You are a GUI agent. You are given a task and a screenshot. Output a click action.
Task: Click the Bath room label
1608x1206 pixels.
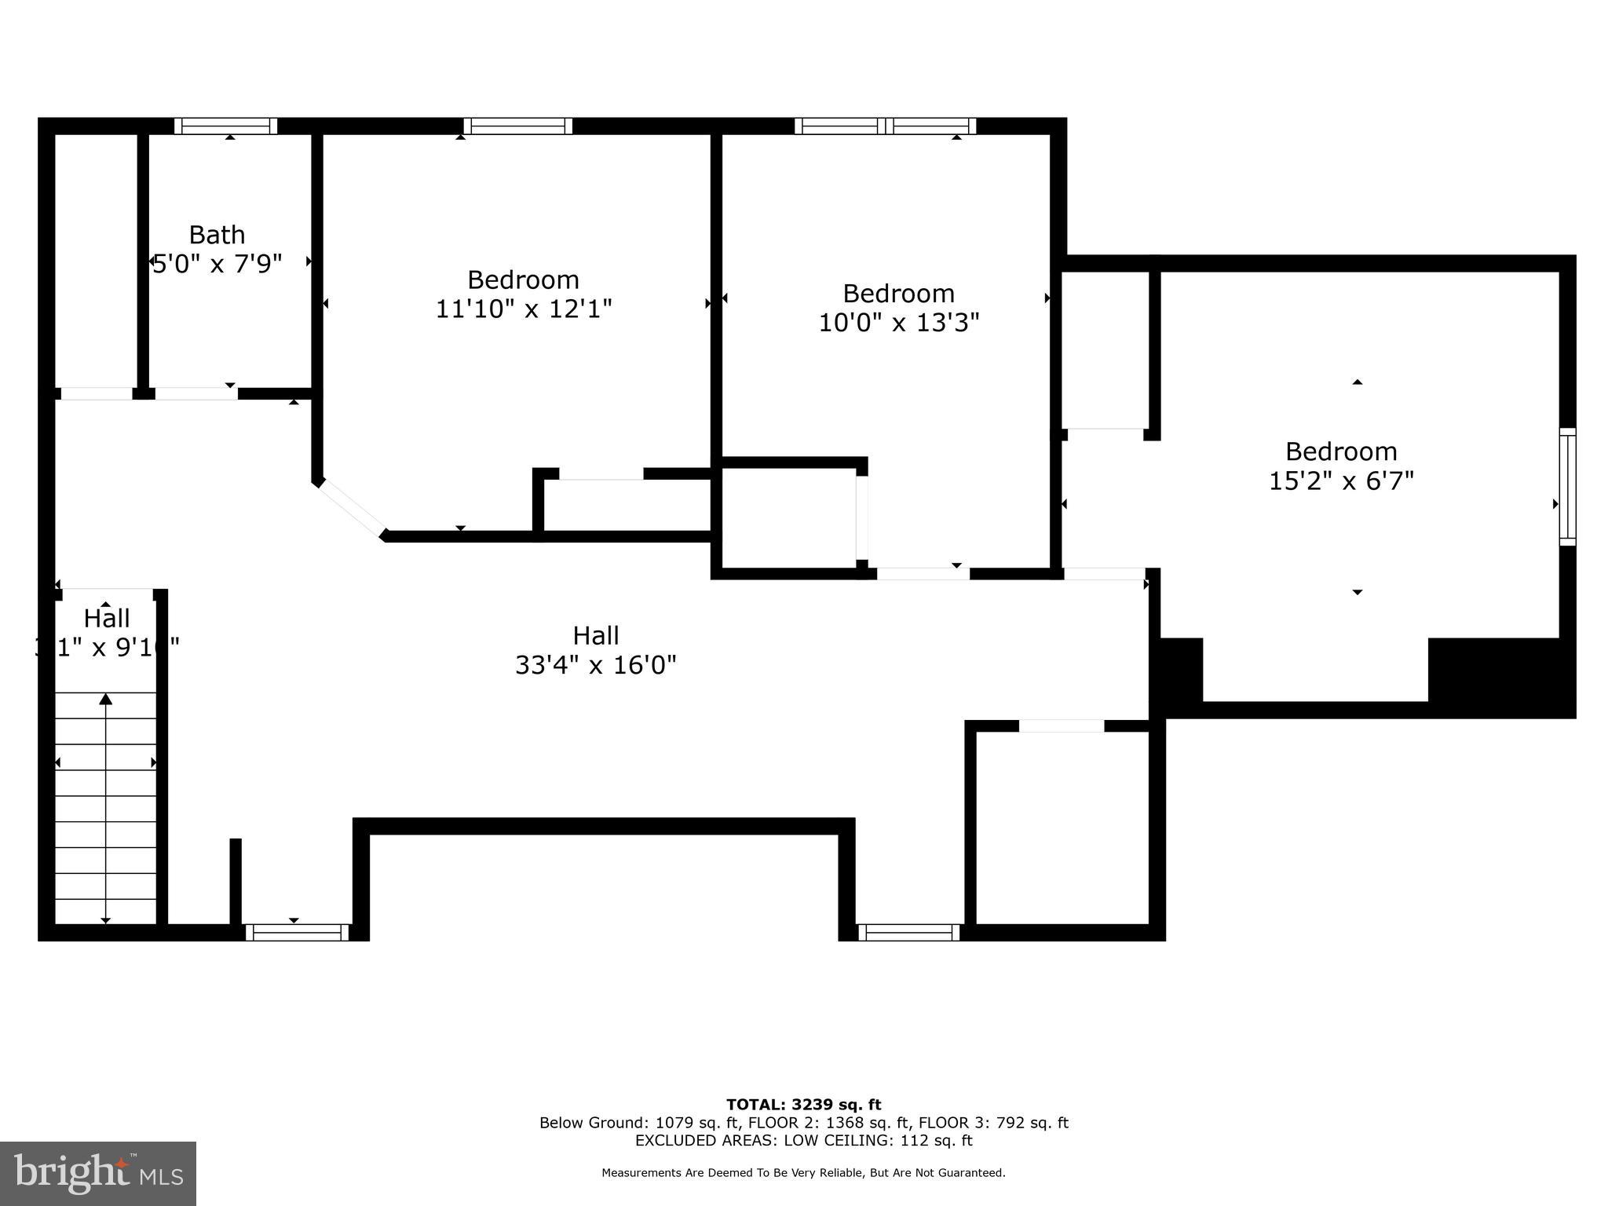tap(217, 235)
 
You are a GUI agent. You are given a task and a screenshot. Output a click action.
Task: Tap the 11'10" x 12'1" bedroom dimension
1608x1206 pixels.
tap(524, 309)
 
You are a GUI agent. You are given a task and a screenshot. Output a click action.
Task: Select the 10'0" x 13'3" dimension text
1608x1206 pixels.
tap(899, 323)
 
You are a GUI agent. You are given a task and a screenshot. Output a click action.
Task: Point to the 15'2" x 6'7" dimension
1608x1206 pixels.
tap(1341, 481)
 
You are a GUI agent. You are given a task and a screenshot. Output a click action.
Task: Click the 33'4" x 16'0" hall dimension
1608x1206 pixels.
tap(596, 665)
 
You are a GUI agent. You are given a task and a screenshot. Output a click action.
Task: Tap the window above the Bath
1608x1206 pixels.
tap(226, 126)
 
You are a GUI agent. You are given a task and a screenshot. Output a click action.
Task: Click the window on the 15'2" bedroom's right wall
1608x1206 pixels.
tap(1567, 487)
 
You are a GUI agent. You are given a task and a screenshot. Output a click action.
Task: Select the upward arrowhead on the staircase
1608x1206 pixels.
tap(105, 699)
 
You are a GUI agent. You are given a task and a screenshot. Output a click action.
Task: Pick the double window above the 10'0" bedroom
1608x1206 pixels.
tap(886, 126)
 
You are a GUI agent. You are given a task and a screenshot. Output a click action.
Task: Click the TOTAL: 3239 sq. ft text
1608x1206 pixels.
tap(803, 1105)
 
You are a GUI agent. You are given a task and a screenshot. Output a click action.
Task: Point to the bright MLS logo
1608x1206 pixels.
tap(98, 1173)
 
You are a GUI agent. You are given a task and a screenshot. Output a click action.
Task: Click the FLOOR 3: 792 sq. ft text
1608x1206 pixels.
tap(993, 1123)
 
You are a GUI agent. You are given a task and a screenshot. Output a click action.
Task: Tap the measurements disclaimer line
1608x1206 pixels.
tap(803, 1172)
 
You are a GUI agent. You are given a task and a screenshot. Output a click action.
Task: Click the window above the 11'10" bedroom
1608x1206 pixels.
tap(517, 126)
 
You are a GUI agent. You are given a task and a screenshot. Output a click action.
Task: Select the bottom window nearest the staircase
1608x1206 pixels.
tap(297, 932)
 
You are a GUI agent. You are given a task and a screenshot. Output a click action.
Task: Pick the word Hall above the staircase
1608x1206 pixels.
tap(107, 619)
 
